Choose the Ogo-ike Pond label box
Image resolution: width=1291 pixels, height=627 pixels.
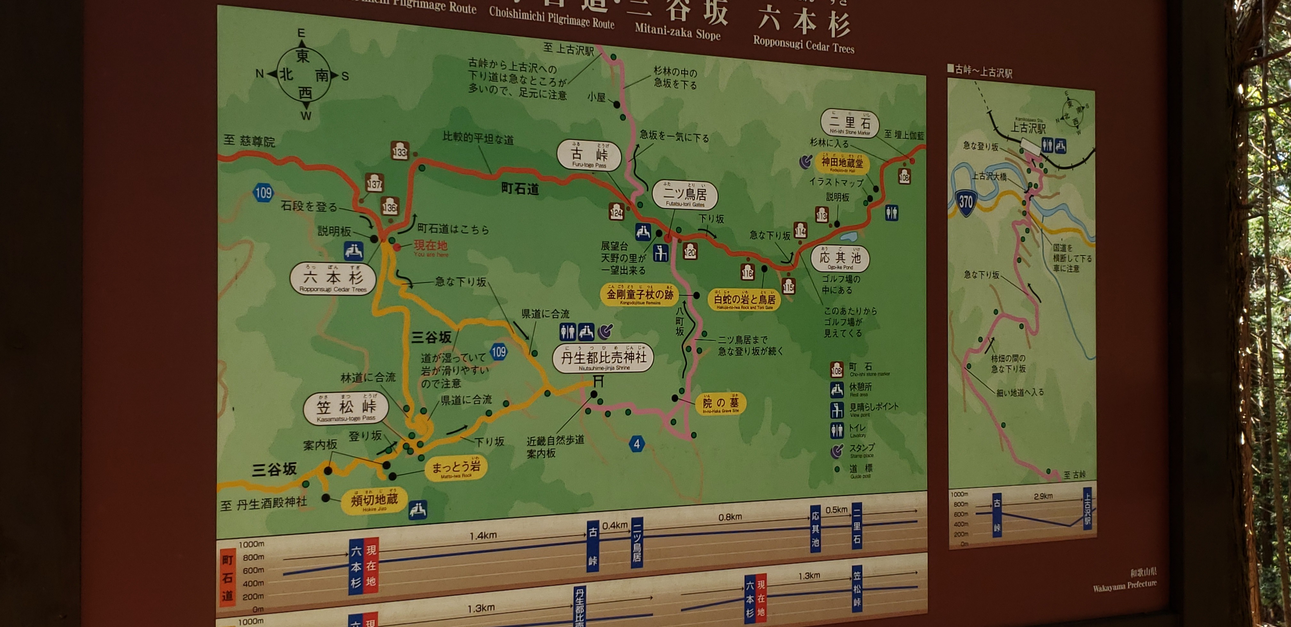point(840,258)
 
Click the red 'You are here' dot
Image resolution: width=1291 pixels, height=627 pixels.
point(397,247)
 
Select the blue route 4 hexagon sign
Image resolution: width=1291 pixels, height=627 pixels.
point(637,444)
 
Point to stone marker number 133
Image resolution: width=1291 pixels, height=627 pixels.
point(399,151)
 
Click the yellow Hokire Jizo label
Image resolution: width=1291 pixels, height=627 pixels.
point(374,500)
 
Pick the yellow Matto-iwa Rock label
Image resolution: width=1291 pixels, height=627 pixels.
point(456,468)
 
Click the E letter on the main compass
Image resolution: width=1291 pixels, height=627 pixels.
point(301,33)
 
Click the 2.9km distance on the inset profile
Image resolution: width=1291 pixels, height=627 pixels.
point(1043,496)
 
